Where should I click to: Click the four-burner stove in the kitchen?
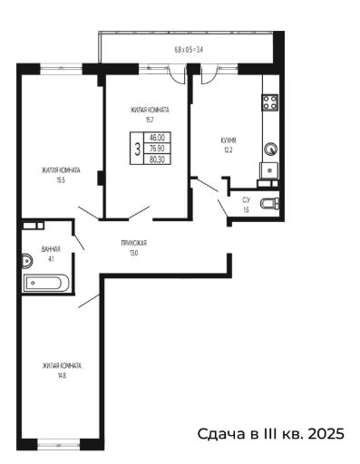(x=270, y=102)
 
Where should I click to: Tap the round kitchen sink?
(x=270, y=149)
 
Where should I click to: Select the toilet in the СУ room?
(x=269, y=204)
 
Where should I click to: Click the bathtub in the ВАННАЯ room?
(x=46, y=283)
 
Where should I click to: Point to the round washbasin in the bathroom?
(x=26, y=260)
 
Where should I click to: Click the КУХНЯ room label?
(x=229, y=140)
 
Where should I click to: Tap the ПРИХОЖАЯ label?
(x=134, y=243)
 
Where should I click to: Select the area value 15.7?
(x=150, y=120)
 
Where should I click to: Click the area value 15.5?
(x=61, y=180)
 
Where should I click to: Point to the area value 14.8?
(x=62, y=376)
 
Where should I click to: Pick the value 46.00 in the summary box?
(x=157, y=138)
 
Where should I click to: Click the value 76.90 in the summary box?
(x=157, y=149)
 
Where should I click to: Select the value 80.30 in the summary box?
(x=157, y=159)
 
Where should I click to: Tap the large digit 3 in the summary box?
(x=138, y=149)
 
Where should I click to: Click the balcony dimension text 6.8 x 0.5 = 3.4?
(x=189, y=49)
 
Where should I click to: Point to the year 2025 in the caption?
(x=326, y=434)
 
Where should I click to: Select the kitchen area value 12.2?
(x=229, y=150)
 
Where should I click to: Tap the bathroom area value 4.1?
(x=51, y=258)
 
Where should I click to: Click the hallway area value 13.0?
(x=133, y=253)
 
